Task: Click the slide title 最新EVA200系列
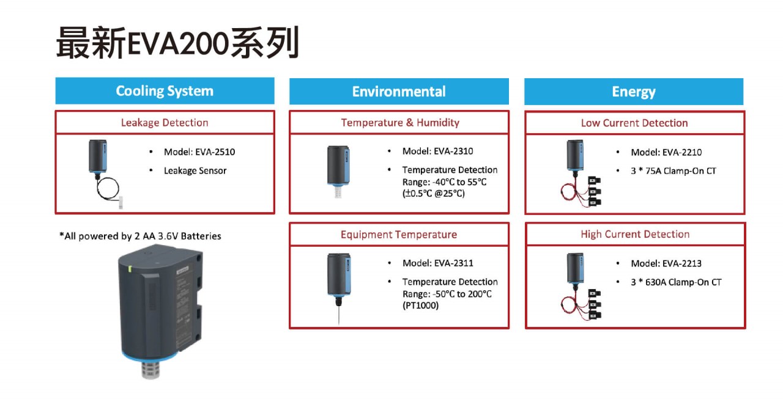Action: click(177, 43)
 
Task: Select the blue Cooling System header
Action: click(165, 91)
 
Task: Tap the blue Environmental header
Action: click(399, 92)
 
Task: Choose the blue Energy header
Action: click(634, 92)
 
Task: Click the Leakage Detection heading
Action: click(165, 123)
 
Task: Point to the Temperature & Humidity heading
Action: click(400, 123)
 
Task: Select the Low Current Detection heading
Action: click(634, 123)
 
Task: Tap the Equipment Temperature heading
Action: click(399, 234)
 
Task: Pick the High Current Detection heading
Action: click(635, 234)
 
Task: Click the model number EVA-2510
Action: click(215, 152)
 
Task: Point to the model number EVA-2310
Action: click(453, 151)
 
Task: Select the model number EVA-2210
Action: click(682, 152)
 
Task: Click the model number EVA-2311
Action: click(453, 263)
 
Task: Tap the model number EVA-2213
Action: click(682, 263)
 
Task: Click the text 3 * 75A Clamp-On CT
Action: click(674, 170)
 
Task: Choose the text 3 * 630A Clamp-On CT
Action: click(676, 282)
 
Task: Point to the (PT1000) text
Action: click(420, 306)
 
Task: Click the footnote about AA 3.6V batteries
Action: click(140, 236)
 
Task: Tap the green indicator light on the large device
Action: click(130, 269)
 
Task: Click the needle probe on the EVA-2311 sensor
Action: click(339, 315)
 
